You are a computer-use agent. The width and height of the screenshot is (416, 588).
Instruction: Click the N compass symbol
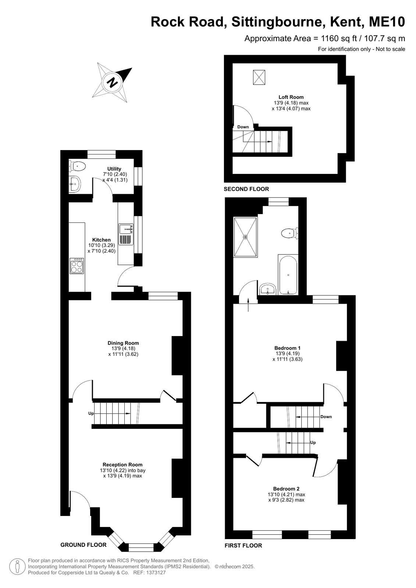pos(113,82)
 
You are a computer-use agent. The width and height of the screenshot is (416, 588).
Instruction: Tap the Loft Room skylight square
pos(259,77)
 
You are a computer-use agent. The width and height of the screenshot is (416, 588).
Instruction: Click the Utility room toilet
pos(78,166)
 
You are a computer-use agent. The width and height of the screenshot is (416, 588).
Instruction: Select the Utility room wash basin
pos(75,184)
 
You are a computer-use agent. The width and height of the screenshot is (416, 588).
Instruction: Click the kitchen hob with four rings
pos(77,266)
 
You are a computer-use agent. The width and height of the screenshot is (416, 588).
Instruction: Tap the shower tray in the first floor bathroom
pos(245,237)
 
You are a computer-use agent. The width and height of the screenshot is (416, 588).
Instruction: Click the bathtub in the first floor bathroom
pos(288,275)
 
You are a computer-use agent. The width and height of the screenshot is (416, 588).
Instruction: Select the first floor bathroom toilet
pos(290,233)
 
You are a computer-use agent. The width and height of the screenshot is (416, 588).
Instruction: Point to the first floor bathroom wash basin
pos(267,289)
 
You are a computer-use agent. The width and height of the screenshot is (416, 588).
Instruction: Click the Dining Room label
pos(123,343)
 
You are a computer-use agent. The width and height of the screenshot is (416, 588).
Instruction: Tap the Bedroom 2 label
pos(286,488)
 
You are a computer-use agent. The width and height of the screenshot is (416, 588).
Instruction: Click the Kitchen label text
pos(102,240)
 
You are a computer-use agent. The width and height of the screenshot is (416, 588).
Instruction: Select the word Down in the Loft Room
pos(243,127)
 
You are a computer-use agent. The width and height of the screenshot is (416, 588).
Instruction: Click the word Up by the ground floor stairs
pos(91,413)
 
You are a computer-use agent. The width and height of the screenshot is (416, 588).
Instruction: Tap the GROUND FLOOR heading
pos(83,545)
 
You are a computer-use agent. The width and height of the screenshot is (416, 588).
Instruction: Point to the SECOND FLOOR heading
pos(246,189)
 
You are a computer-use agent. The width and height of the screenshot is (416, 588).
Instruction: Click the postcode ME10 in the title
pos(387,22)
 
